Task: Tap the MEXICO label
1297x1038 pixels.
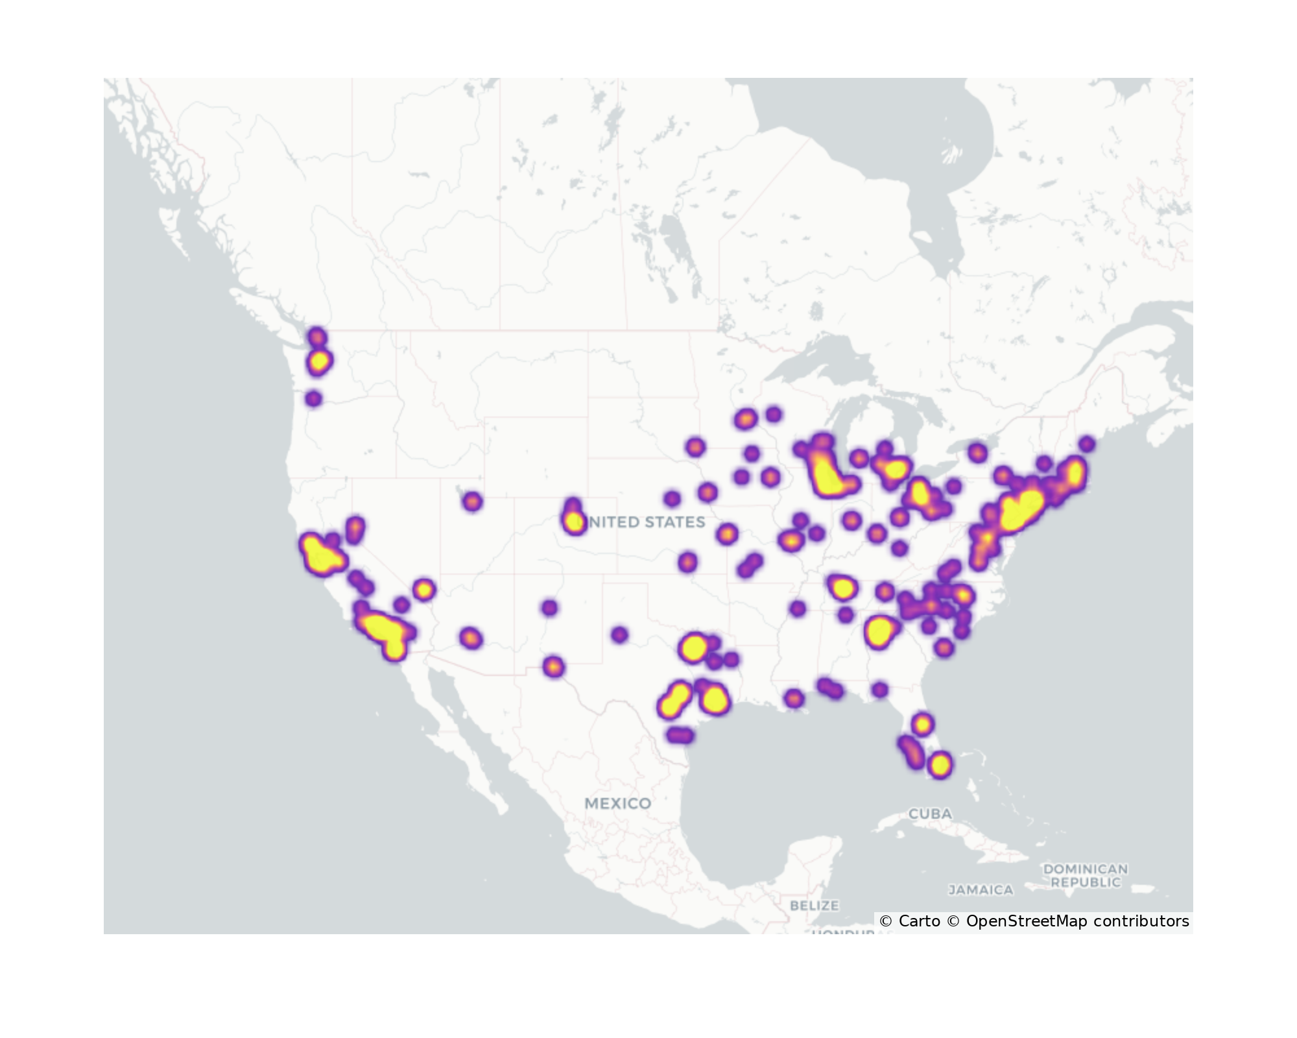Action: (x=617, y=803)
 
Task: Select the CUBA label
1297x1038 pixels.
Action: (x=930, y=814)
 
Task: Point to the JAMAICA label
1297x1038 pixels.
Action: (x=981, y=890)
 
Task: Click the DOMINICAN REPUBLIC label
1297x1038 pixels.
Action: (x=1085, y=875)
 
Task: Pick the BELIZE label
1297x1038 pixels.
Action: (x=815, y=905)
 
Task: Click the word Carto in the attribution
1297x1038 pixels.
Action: (x=919, y=921)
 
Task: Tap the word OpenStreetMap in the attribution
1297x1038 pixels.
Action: (x=1027, y=921)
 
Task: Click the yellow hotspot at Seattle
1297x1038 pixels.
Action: (x=319, y=361)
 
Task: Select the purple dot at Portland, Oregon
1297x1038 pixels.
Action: (x=313, y=398)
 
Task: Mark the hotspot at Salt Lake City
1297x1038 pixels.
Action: (x=472, y=501)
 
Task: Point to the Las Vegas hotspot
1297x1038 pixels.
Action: (x=423, y=590)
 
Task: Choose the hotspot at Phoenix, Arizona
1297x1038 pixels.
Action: (x=471, y=638)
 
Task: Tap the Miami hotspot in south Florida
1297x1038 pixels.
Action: (x=940, y=765)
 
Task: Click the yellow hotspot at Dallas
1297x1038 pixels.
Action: (x=693, y=647)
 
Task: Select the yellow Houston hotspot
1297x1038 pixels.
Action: (x=715, y=699)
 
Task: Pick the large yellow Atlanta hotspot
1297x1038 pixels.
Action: (x=879, y=631)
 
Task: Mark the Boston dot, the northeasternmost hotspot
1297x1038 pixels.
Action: (x=1087, y=444)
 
